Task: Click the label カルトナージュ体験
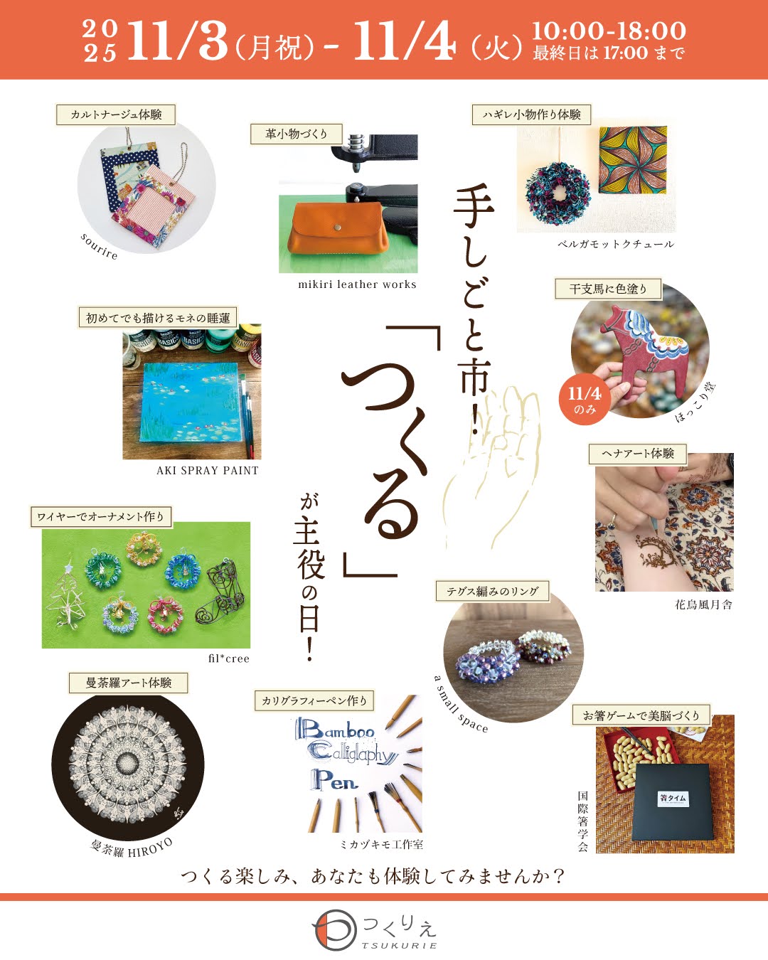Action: (116, 114)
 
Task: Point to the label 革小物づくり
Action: (297, 134)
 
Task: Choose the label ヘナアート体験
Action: (637, 454)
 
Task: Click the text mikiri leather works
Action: (357, 284)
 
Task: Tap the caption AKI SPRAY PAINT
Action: (208, 470)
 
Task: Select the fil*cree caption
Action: (229, 658)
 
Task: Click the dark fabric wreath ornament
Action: (558, 191)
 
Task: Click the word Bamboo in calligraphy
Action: (336, 730)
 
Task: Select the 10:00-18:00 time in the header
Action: (609, 31)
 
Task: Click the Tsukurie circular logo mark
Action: (334, 931)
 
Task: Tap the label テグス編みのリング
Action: (492, 592)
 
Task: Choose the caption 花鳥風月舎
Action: (703, 605)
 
